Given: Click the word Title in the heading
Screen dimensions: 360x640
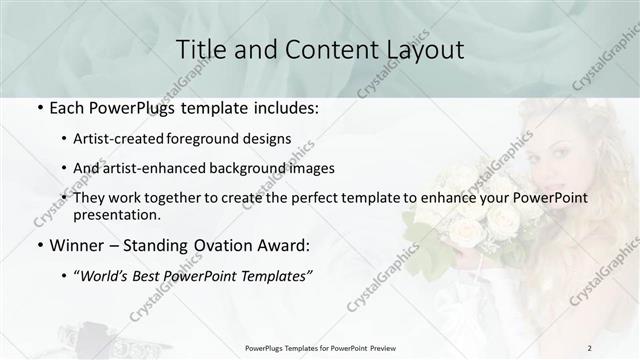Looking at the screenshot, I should [200, 49].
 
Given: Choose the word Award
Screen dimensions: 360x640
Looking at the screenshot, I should [283, 243].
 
